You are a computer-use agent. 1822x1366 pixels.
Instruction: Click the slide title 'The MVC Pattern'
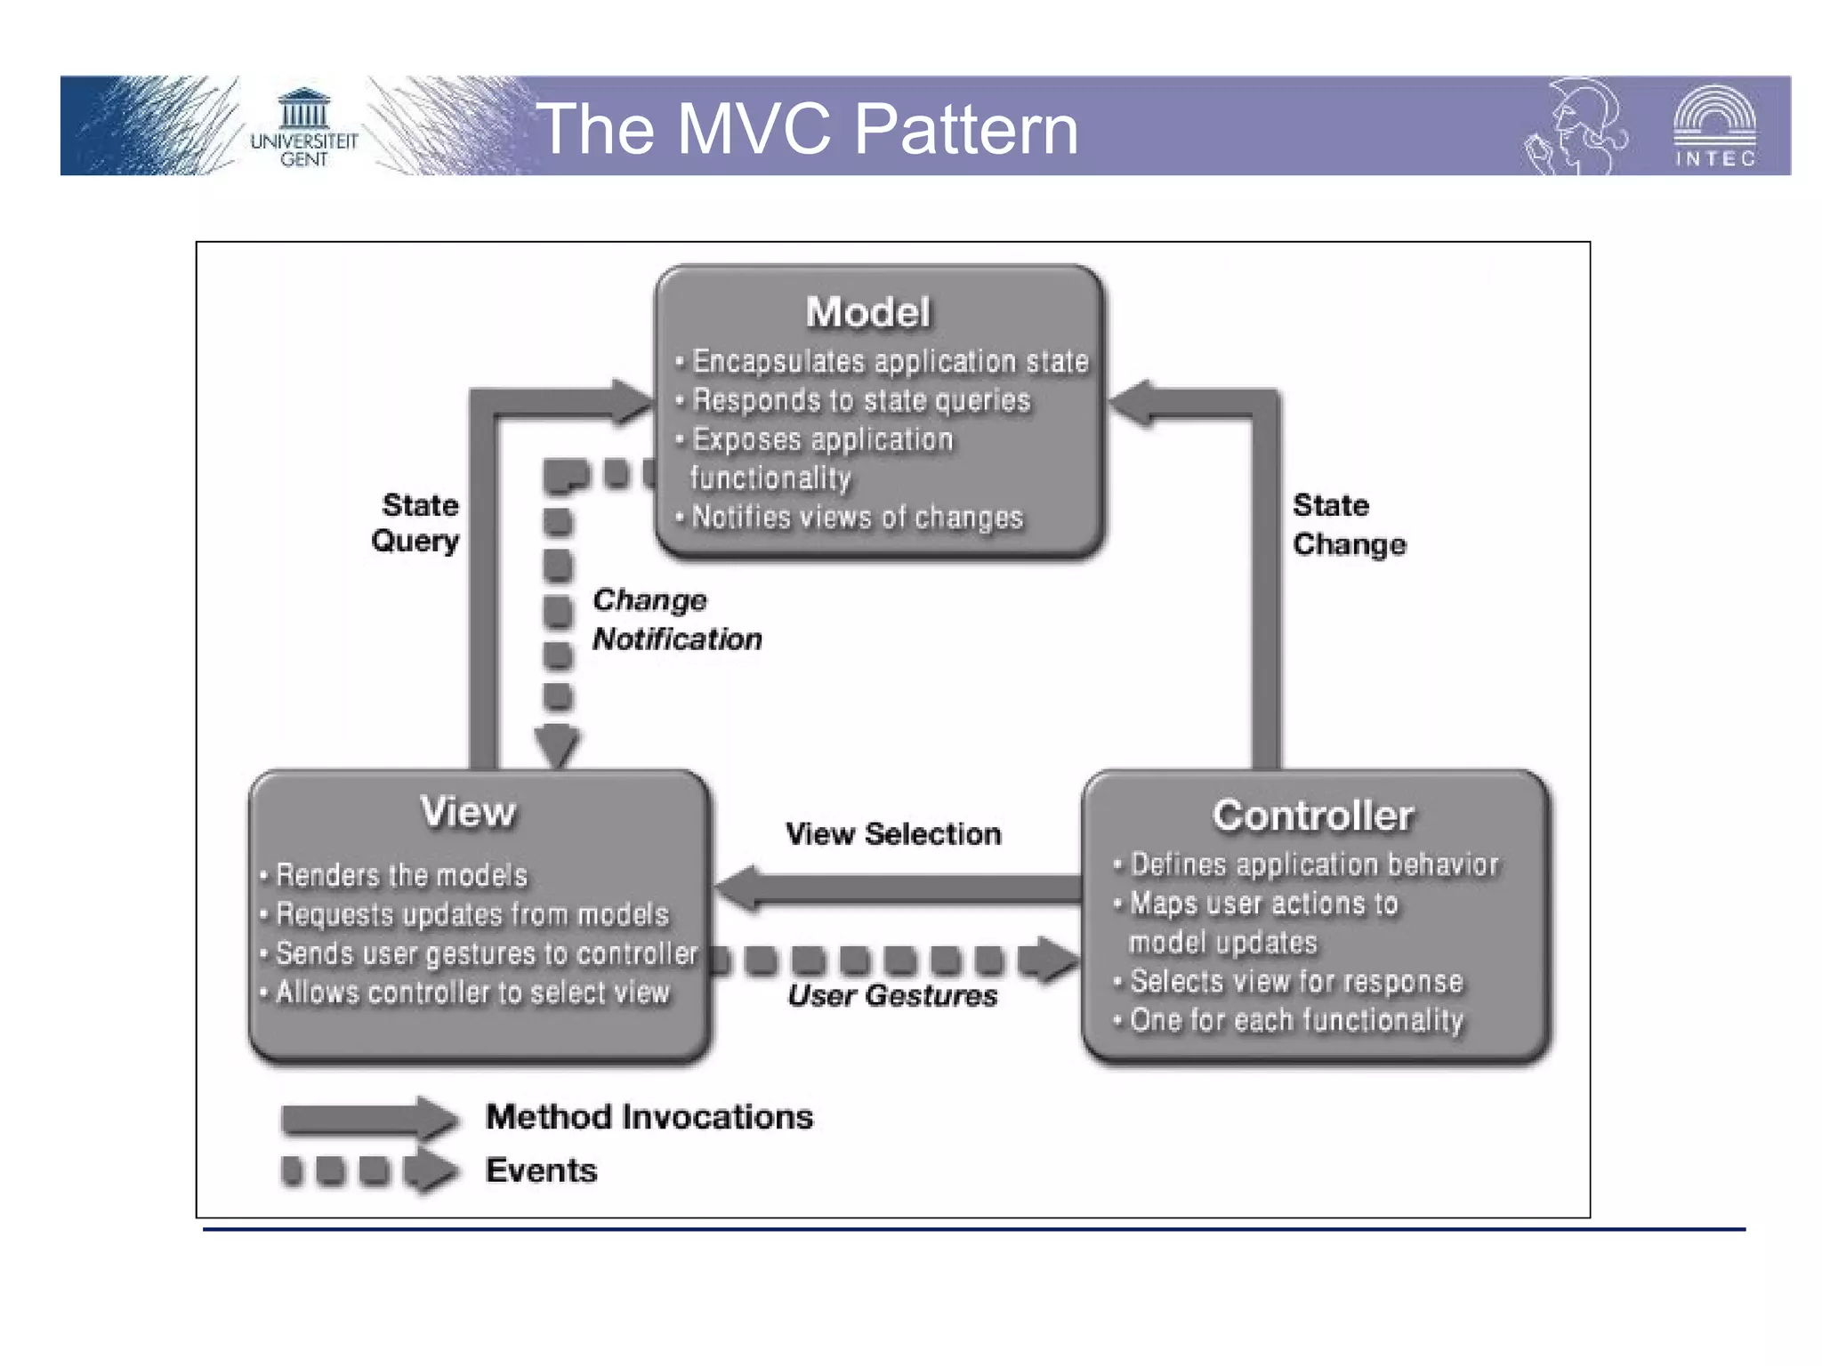click(808, 129)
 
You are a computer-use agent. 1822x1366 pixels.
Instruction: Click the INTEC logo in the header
click(1714, 127)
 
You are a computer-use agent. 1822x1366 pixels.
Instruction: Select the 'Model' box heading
click(868, 312)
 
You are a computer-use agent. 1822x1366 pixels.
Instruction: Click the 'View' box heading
click(468, 812)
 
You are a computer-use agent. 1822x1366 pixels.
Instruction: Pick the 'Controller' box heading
click(1313, 816)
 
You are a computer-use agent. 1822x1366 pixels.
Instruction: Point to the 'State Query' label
click(416, 523)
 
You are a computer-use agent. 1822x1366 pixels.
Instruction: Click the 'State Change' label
click(1349, 525)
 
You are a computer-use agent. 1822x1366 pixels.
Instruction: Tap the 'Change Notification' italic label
click(676, 620)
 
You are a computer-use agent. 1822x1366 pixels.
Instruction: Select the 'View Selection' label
click(893, 834)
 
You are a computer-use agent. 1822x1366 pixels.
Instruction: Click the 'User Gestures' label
click(892, 996)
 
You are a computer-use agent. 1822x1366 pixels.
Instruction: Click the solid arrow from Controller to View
click(899, 888)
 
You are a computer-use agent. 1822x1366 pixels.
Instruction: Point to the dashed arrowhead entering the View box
click(558, 746)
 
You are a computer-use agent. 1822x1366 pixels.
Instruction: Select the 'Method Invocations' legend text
click(649, 1117)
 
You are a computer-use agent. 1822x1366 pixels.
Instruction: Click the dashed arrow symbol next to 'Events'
click(369, 1170)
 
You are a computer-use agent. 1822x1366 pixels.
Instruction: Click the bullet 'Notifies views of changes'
click(857, 518)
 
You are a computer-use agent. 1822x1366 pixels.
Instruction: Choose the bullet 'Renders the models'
click(401, 876)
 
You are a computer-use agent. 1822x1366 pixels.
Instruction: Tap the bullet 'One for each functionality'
click(1295, 1020)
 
